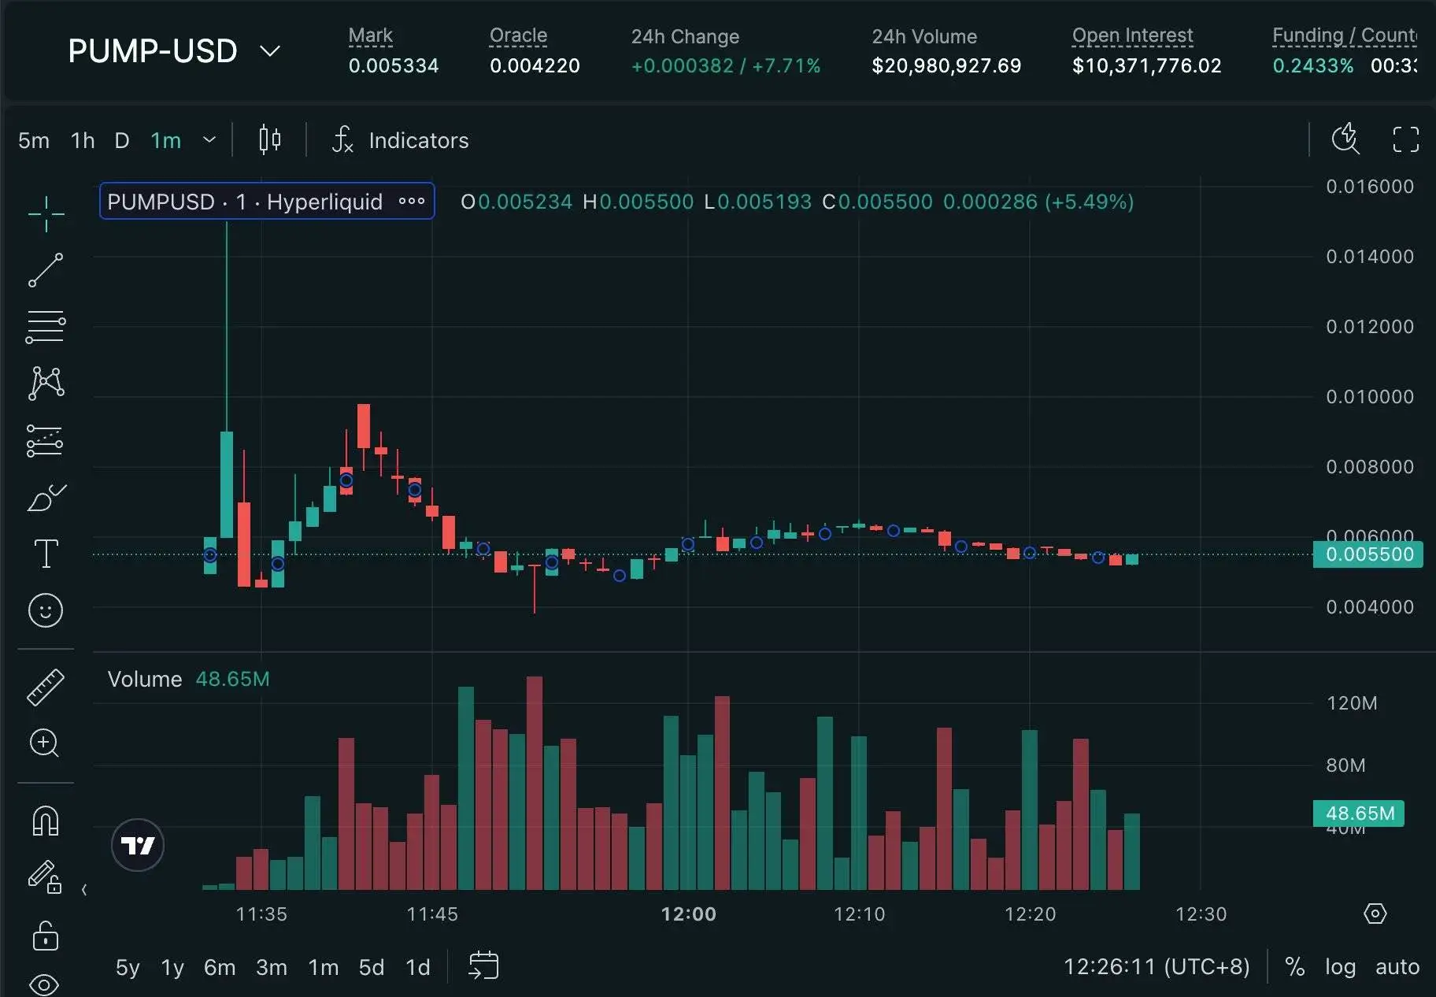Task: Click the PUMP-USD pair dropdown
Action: point(173,51)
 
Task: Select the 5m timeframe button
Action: point(34,141)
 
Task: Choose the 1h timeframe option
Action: point(83,141)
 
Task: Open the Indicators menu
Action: point(401,141)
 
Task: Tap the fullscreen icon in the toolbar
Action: point(1405,140)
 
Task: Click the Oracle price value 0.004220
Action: point(535,66)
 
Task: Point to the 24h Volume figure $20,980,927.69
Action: point(946,66)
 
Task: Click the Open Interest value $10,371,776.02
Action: point(1146,66)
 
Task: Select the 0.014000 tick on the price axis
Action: point(1369,257)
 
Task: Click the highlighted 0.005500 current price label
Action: point(1368,554)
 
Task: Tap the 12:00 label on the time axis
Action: point(688,914)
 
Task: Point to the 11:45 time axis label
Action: point(432,914)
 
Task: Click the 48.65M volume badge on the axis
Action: point(1359,814)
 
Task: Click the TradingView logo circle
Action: point(138,846)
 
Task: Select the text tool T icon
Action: point(46,554)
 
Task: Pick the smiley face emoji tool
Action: point(46,610)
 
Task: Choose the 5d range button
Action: point(371,967)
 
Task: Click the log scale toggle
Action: point(1340,967)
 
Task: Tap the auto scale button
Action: point(1397,967)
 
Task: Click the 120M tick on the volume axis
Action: point(1352,703)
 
